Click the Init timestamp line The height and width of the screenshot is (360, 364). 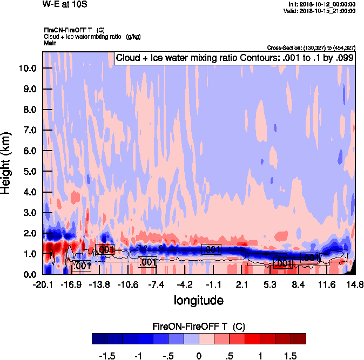(x=322, y=4)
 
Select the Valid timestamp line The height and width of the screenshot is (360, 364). (x=321, y=10)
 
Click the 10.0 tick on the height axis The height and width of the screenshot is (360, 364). (x=27, y=69)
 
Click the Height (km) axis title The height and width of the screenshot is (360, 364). (x=6, y=162)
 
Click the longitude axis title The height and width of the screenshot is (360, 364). (x=198, y=300)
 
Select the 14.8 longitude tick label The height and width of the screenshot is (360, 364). (x=354, y=284)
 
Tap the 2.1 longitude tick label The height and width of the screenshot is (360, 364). (x=241, y=284)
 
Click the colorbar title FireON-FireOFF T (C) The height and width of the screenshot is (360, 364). (x=199, y=326)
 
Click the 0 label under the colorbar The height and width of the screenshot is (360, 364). (x=199, y=356)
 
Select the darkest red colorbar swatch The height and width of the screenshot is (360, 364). (x=298, y=338)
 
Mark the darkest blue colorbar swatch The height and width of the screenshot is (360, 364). (x=99, y=338)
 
